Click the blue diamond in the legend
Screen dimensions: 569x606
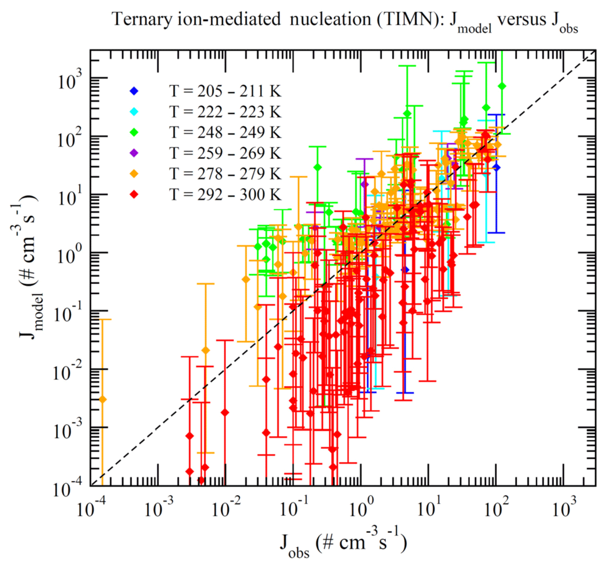coord(135,91)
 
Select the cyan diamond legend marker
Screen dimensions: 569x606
coord(135,111)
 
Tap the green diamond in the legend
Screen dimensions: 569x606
coord(135,132)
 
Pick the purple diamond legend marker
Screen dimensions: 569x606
coord(135,153)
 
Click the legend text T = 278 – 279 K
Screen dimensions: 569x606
coord(225,174)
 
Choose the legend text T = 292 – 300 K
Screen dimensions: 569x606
coord(225,195)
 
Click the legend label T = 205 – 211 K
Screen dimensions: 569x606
coord(225,91)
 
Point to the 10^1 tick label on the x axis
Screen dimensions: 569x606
coord(429,509)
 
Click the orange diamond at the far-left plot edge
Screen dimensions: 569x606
coord(102,399)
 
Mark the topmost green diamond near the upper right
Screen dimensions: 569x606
coord(502,86)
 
